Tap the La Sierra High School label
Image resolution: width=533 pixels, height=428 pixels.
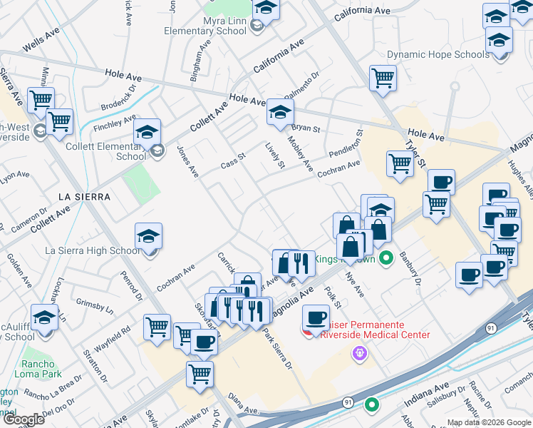coord(93,250)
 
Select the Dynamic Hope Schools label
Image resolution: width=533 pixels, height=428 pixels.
coord(438,54)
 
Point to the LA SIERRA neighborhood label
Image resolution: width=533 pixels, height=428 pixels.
coord(84,196)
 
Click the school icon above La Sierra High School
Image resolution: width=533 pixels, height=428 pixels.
coord(148,236)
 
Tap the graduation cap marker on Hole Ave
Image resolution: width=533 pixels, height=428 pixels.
coord(280,111)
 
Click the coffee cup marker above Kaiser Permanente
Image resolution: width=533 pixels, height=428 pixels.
coord(316,317)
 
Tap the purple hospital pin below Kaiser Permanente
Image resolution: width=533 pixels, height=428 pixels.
coord(360,352)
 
